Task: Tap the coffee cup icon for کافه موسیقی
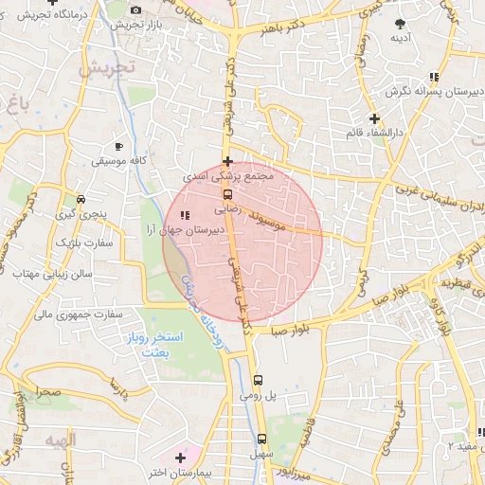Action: pos(118,146)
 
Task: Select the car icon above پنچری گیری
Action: pos(83,200)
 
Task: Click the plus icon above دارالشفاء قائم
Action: pos(376,119)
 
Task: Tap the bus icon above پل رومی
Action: pos(258,381)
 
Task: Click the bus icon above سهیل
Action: pos(262,439)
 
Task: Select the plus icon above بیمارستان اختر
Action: pos(180,458)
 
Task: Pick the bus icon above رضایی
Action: pos(227,193)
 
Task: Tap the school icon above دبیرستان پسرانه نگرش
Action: pos(433,77)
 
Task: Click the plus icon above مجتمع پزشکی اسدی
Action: pos(227,161)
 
